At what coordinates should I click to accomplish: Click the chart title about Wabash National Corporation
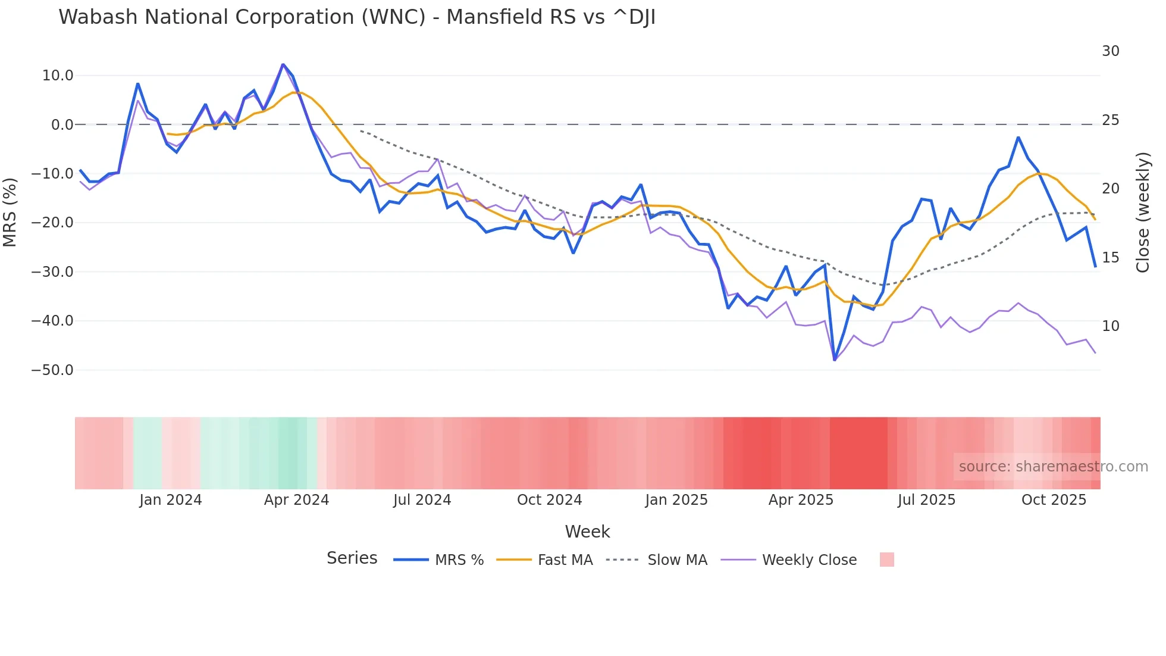click(x=357, y=17)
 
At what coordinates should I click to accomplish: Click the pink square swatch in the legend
click(x=886, y=560)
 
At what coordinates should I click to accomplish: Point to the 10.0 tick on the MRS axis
click(x=58, y=76)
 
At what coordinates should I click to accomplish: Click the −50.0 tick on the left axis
click(x=52, y=370)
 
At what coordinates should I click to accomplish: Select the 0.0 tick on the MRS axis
click(x=62, y=125)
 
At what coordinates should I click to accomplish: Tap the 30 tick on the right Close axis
click(x=1110, y=51)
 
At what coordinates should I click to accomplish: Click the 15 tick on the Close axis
click(x=1110, y=258)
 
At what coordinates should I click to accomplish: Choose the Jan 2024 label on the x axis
click(x=171, y=500)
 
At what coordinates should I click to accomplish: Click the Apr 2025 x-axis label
click(x=801, y=500)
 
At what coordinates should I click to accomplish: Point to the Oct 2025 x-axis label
click(x=1054, y=500)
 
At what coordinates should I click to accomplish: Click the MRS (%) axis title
click(x=10, y=212)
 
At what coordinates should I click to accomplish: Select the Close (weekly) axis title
click(x=1142, y=212)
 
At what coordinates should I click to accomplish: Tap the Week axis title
click(x=587, y=532)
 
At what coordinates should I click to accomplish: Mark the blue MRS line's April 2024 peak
click(x=283, y=64)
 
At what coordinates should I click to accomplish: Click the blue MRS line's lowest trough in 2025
click(x=835, y=360)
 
